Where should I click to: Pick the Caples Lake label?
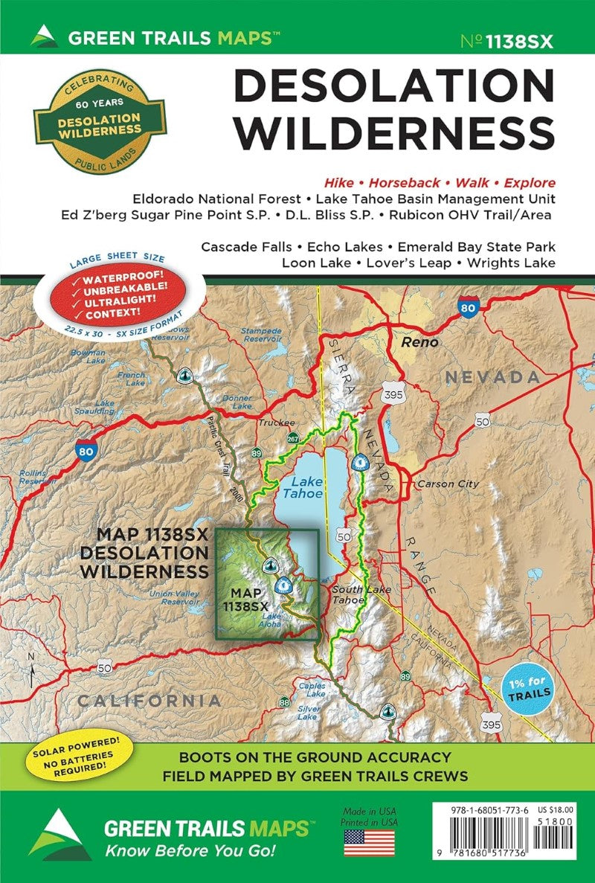(x=311, y=690)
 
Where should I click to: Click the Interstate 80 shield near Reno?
(x=468, y=309)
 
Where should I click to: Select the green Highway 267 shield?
(x=295, y=437)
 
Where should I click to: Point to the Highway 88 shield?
(x=283, y=702)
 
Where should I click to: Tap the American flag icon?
(x=369, y=842)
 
